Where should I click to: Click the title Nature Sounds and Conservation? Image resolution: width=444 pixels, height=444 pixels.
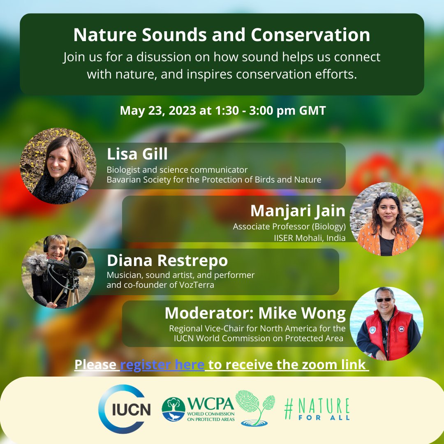222,35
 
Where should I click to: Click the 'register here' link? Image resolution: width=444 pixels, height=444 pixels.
162,365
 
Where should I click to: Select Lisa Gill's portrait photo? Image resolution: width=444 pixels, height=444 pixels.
58,166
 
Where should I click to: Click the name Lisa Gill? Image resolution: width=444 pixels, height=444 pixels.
137,154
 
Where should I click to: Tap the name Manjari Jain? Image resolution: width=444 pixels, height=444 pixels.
298,211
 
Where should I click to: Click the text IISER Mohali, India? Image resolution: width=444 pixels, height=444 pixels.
310,238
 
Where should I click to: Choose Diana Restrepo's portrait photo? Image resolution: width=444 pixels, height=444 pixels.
58,272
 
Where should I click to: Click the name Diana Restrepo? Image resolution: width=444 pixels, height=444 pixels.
167,261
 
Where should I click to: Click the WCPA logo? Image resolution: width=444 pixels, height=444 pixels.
198,409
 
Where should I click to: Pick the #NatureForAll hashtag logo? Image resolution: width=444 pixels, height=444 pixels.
317,409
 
